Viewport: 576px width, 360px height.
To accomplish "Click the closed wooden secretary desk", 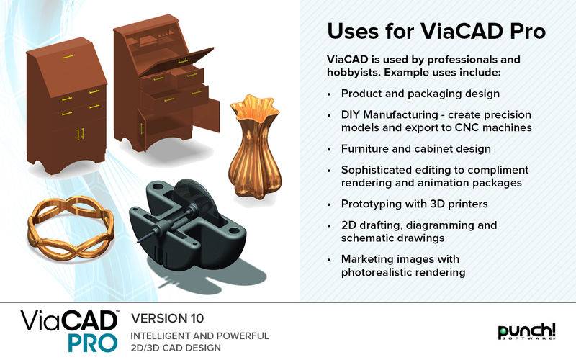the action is click(67, 107).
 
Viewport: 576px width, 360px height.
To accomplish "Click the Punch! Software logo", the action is click(526, 331).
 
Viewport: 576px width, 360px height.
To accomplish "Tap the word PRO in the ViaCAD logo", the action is click(93, 343).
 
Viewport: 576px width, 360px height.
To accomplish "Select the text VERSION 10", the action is click(168, 318).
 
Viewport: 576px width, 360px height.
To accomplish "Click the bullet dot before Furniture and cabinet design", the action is click(329, 150).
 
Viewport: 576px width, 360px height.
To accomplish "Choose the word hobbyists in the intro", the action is click(353, 73).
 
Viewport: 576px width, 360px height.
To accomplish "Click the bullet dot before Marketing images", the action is click(329, 260).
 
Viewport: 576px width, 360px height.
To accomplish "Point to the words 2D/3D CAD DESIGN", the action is click(176, 348).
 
